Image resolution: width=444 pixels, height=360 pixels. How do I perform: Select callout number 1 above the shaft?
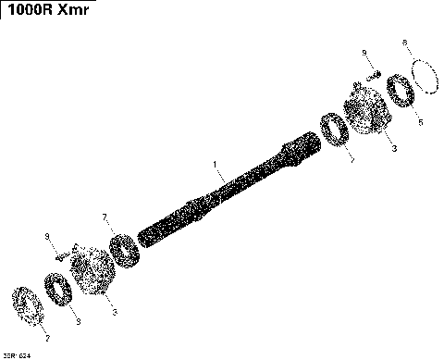click(x=215, y=167)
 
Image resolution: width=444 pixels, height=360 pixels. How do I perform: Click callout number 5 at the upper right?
click(x=419, y=121)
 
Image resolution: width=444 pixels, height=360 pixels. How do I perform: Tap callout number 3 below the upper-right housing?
click(x=392, y=147)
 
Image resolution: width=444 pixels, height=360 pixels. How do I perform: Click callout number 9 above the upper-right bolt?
click(x=364, y=52)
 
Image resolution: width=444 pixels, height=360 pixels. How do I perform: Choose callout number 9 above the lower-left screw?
click(x=48, y=236)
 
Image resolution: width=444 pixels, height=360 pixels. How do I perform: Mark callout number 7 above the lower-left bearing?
click(x=105, y=217)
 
